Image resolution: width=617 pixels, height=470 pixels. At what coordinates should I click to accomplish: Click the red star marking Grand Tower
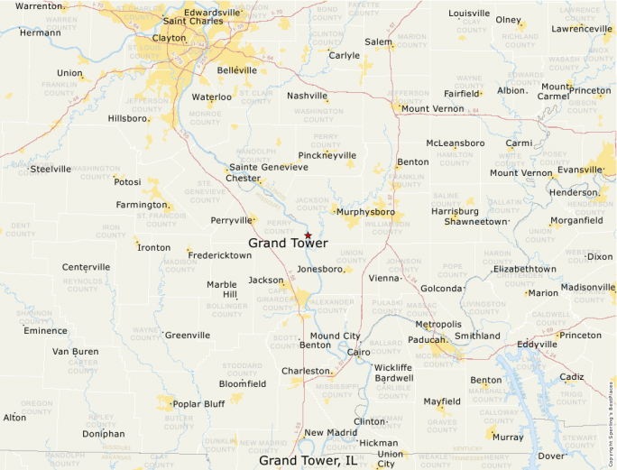pyautogui.click(x=308, y=235)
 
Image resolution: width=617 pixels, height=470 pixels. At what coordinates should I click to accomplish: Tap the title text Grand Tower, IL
pyautogui.click(x=308, y=461)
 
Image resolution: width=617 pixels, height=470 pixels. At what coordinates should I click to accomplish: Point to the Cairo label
pyautogui.click(x=358, y=352)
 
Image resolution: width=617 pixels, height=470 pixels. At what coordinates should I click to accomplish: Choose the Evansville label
pyautogui.click(x=579, y=169)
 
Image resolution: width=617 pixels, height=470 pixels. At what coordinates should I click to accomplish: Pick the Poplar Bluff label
pyautogui.click(x=198, y=403)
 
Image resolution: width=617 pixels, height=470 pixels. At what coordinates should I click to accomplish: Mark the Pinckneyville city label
pyautogui.click(x=327, y=155)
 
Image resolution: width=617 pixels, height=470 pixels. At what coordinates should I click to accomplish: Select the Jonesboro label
pyautogui.click(x=320, y=269)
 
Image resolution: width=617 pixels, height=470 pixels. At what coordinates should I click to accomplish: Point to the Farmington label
pyautogui.click(x=142, y=205)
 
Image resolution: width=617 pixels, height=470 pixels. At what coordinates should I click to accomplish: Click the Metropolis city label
pyautogui.click(x=438, y=324)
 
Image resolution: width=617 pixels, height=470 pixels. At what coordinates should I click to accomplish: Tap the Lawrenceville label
pyautogui.click(x=582, y=28)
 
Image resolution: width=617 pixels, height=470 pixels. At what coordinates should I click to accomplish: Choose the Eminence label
pyautogui.click(x=45, y=330)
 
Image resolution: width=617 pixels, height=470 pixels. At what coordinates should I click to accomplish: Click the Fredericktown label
pyautogui.click(x=220, y=255)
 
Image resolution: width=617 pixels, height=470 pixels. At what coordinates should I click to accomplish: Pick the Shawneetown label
pyautogui.click(x=476, y=220)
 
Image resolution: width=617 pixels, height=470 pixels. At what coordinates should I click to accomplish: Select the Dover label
pyautogui.click(x=550, y=456)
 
